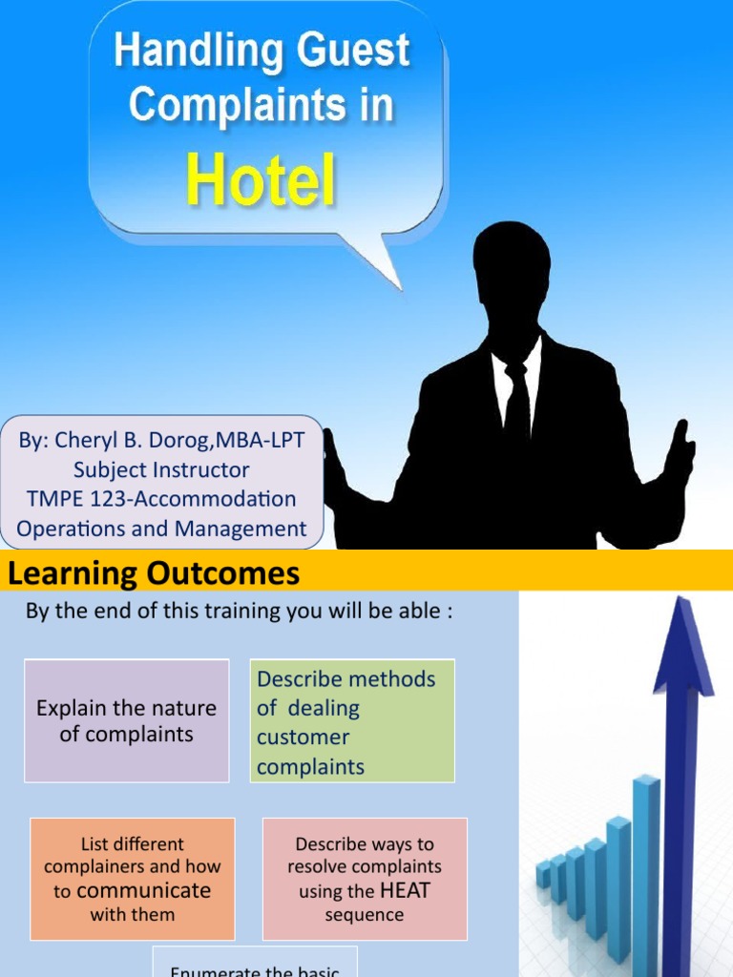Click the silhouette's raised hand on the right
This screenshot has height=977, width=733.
679,454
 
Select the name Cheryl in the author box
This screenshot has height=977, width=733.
88,441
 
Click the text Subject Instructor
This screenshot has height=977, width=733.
161,470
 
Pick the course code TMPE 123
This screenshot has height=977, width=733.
84,499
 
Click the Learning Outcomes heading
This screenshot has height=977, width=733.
154,574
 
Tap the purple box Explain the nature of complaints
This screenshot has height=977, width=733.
126,720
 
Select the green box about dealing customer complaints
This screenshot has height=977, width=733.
352,721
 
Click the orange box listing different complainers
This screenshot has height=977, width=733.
132,879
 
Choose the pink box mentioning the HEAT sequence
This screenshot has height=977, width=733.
365,879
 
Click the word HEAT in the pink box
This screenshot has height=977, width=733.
405,891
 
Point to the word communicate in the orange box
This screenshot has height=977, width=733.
143,891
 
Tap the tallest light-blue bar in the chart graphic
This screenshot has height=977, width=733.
645,859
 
